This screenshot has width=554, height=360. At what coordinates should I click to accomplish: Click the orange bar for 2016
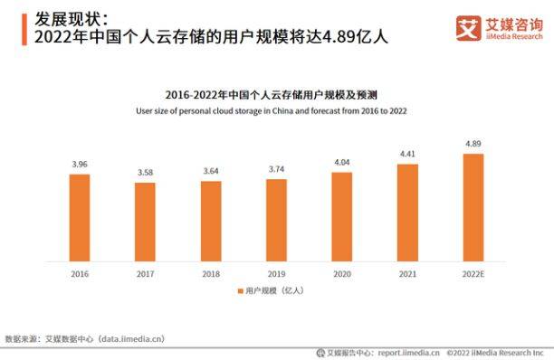(x=80, y=217)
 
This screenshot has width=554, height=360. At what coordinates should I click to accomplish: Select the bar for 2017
(x=145, y=222)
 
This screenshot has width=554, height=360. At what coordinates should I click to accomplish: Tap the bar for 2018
(x=211, y=221)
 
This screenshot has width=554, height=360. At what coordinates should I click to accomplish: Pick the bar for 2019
(x=276, y=220)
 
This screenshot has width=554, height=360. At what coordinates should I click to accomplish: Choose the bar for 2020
(x=341, y=216)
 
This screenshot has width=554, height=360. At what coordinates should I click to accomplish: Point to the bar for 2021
(x=407, y=212)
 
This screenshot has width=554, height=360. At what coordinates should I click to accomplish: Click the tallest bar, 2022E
(x=473, y=207)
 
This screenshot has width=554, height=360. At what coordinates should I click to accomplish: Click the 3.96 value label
(x=80, y=165)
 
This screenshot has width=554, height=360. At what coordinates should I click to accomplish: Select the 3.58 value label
(x=145, y=173)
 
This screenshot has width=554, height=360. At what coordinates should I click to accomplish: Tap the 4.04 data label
(x=341, y=163)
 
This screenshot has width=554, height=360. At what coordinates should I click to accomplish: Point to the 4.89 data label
(x=473, y=144)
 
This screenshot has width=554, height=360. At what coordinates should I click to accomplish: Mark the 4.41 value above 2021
(x=407, y=155)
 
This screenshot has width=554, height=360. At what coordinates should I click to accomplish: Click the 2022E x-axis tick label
(x=473, y=272)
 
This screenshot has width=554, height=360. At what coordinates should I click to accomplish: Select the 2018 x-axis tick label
(x=211, y=272)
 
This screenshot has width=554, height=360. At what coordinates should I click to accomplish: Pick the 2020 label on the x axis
(x=341, y=272)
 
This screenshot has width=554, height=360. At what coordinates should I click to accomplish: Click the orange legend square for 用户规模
(x=240, y=291)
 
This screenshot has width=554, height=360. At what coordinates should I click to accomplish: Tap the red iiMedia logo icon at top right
(x=468, y=28)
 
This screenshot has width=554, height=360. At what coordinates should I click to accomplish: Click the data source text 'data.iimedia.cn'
(x=131, y=338)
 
